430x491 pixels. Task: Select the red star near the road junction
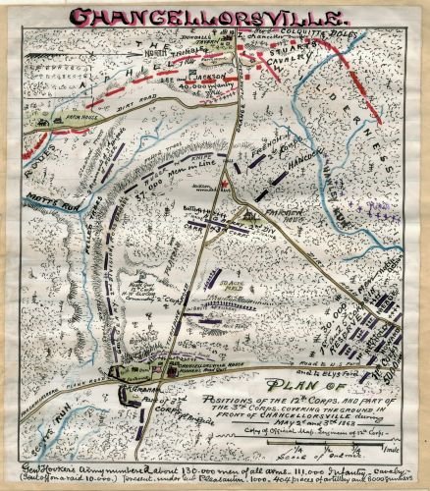tap(226, 183)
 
